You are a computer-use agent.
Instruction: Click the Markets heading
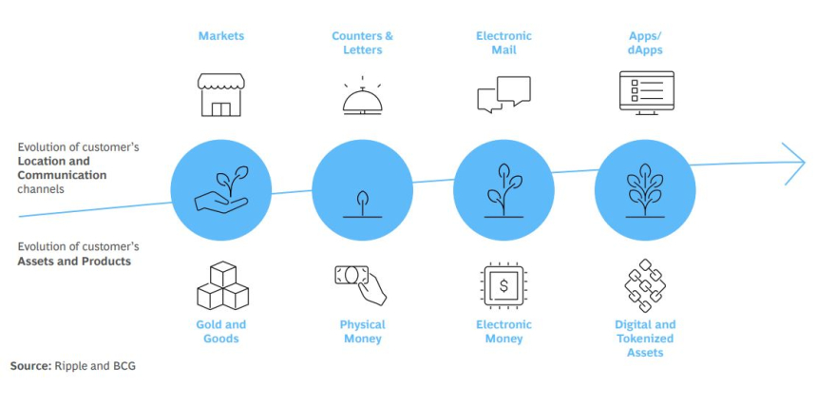point(220,36)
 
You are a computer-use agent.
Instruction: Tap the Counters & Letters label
point(362,43)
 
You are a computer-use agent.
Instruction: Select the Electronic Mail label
point(503,43)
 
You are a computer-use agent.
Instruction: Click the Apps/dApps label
point(645,43)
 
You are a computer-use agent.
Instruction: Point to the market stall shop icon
point(220,94)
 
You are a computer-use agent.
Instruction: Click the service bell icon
point(362,98)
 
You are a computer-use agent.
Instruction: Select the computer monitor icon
point(646,93)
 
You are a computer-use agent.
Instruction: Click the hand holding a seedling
point(219,190)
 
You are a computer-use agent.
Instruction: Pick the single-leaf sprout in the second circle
point(362,204)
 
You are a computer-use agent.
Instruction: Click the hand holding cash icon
point(362,284)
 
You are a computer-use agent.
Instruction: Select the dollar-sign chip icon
point(503,284)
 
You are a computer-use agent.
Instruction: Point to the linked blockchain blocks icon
point(645,285)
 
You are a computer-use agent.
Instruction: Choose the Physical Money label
point(362,331)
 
